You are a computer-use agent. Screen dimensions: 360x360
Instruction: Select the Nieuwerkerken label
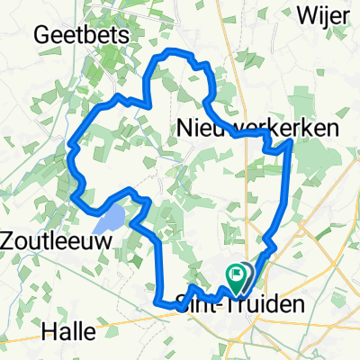(x=257, y=129)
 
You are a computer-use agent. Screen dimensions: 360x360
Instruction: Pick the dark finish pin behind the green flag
(x=248, y=274)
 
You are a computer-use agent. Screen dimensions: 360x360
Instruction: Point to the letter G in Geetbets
(x=41, y=33)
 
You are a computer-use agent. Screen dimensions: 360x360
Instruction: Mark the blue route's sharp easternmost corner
(x=289, y=140)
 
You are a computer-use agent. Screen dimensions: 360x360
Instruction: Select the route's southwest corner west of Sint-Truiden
(x=158, y=303)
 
